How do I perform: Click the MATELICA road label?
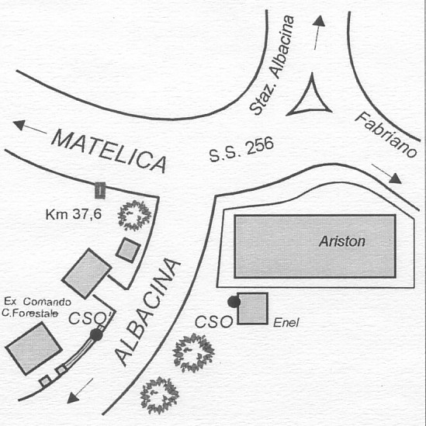(x=109, y=151)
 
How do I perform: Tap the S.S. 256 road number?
(x=241, y=150)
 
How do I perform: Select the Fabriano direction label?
(x=386, y=135)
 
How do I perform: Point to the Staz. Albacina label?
(x=272, y=65)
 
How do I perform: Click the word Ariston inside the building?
(x=342, y=241)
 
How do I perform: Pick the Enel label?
(x=286, y=323)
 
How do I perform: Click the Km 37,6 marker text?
(x=74, y=214)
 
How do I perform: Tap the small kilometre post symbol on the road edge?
(x=100, y=190)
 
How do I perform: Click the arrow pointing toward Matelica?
(x=30, y=127)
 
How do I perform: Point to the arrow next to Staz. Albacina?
(x=318, y=32)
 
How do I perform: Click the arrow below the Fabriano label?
(x=386, y=173)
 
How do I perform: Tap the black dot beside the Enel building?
(x=234, y=302)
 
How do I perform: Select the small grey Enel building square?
(x=253, y=308)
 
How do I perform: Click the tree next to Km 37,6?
(x=134, y=216)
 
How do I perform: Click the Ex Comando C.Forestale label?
(x=36, y=307)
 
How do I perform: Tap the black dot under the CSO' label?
(x=96, y=334)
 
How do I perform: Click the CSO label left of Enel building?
(x=214, y=322)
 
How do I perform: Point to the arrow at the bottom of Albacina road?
(x=80, y=390)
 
